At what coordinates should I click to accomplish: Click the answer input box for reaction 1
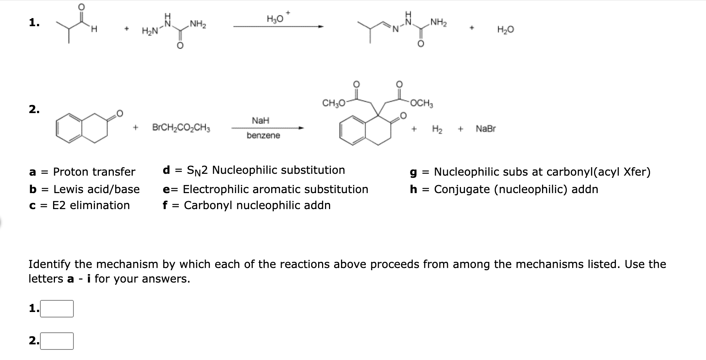tap(57, 309)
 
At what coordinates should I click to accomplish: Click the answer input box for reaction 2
tap(57, 341)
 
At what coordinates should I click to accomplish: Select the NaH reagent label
tap(260, 120)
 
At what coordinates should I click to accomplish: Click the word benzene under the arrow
tap(263, 136)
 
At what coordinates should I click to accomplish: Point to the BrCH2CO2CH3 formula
tap(181, 128)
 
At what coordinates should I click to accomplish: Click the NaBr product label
tap(485, 129)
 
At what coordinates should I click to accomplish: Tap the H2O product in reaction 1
tap(505, 30)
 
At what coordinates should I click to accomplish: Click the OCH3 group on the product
tap(421, 103)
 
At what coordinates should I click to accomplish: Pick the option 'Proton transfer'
tap(94, 172)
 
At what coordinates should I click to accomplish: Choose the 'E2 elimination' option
tap(91, 205)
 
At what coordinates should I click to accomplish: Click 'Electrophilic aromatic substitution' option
tap(275, 189)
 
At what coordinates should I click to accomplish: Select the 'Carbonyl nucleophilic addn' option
tap(257, 205)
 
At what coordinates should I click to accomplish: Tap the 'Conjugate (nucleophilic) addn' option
tap(516, 189)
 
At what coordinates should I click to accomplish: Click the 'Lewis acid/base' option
tap(96, 189)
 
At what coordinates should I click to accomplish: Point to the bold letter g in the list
tap(413, 172)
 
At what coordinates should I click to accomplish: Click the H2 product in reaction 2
tap(437, 129)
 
